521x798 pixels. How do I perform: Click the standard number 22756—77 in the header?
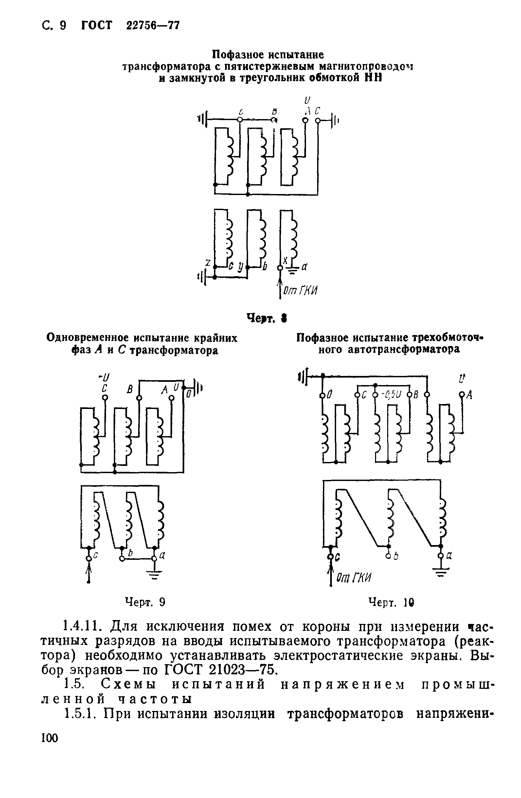click(153, 25)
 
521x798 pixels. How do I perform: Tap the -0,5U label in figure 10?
click(392, 395)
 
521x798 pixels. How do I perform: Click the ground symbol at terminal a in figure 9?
click(154, 576)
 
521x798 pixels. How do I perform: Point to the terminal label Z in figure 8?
click(208, 263)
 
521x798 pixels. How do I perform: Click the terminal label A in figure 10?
click(469, 396)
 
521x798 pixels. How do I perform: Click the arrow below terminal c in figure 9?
click(89, 573)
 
